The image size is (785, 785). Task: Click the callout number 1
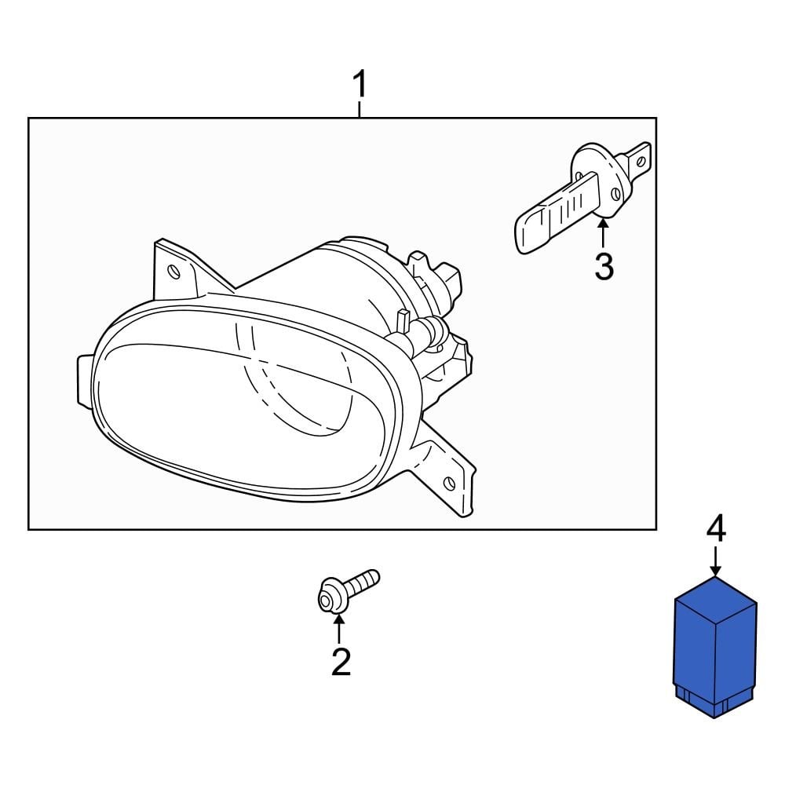click(x=360, y=84)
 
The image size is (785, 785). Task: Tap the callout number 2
click(x=340, y=662)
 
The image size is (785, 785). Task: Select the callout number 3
click(x=603, y=267)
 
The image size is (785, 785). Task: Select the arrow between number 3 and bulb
click(x=603, y=234)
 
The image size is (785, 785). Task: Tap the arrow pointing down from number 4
click(x=715, y=561)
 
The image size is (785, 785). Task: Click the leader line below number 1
click(x=360, y=109)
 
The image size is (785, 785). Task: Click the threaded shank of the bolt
click(x=361, y=583)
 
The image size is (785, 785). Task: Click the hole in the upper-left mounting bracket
click(x=174, y=272)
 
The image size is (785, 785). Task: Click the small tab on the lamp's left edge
click(x=85, y=381)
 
